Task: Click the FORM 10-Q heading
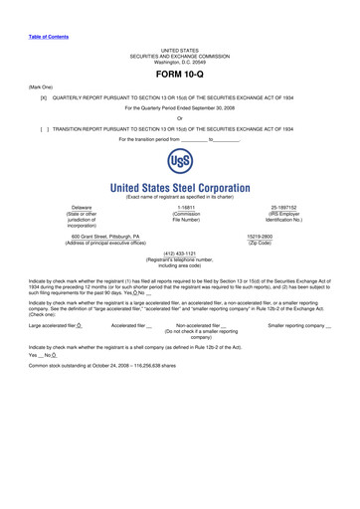179,76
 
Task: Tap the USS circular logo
180,163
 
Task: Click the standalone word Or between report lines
179,118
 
